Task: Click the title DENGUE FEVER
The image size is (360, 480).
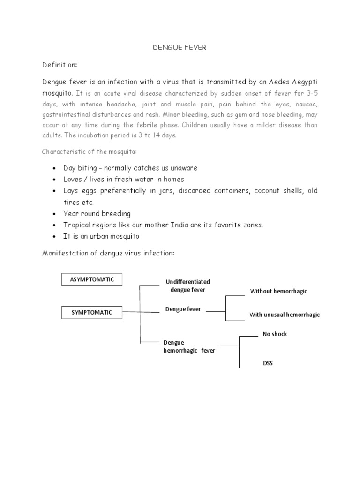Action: (x=180, y=48)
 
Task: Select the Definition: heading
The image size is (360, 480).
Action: (x=60, y=64)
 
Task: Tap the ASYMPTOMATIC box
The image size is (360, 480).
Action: (x=92, y=279)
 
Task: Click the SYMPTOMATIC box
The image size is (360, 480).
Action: (x=92, y=312)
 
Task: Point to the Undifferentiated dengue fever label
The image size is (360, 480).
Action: (x=187, y=285)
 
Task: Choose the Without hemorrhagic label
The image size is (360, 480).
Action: (x=278, y=291)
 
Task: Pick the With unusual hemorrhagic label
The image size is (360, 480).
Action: (x=284, y=315)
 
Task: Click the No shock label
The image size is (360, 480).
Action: (x=275, y=334)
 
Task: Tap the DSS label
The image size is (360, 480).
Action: (x=268, y=363)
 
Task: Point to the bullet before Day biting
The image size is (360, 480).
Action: (x=55, y=168)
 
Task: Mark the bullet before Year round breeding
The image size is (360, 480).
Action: (x=55, y=214)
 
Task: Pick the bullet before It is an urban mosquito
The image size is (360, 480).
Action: (x=55, y=237)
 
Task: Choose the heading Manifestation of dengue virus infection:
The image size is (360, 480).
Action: (x=108, y=253)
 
